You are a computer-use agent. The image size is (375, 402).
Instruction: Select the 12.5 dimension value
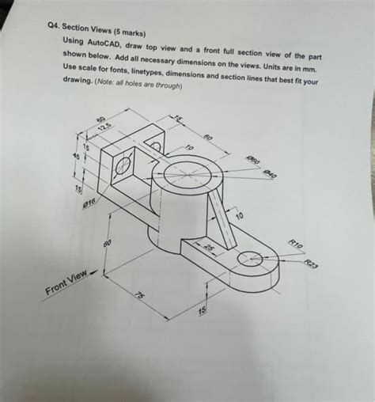pos(102,127)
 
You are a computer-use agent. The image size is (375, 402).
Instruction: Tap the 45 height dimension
pos(77,157)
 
